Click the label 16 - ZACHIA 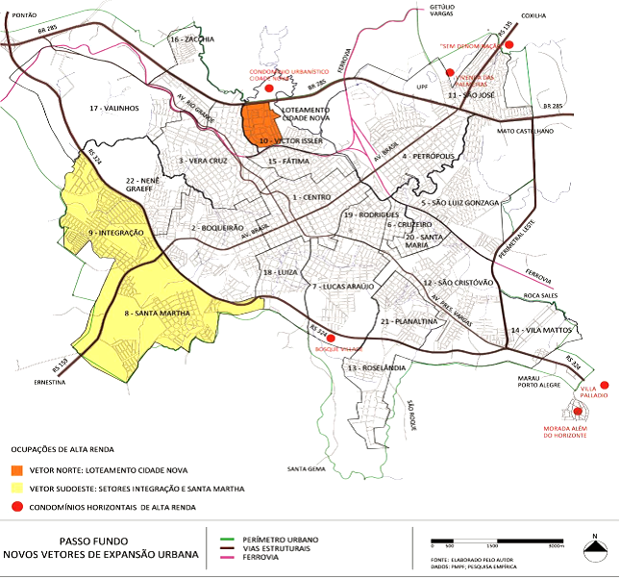(x=192, y=39)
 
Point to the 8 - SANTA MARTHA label (x=154, y=314)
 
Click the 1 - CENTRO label (x=312, y=195)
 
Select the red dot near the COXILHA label (x=510, y=44)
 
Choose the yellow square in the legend (x=17, y=489)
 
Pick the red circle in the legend (x=17, y=506)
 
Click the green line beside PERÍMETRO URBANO (x=226, y=540)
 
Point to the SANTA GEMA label (x=308, y=468)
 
